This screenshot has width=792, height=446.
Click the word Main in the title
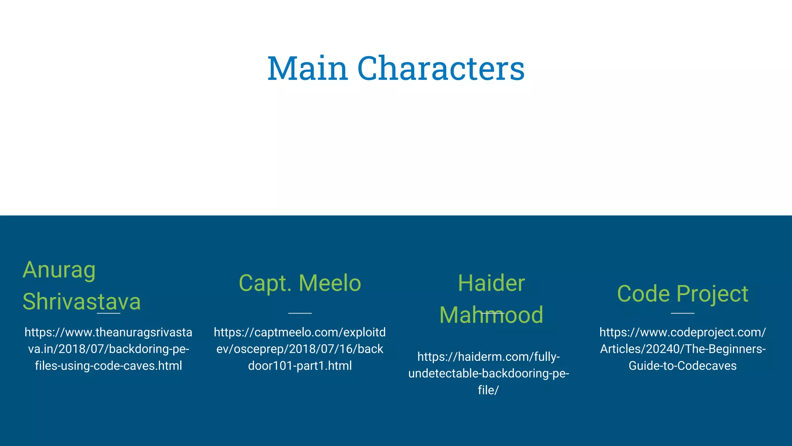click(307, 69)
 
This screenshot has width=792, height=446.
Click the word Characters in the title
click(441, 69)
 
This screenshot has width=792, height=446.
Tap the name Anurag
click(59, 270)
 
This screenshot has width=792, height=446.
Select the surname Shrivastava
click(82, 302)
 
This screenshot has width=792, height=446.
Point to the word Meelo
click(330, 283)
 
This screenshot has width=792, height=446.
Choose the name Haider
click(491, 283)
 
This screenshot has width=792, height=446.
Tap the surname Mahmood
click(491, 315)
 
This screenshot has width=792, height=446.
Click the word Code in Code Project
click(643, 294)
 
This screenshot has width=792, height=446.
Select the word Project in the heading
click(712, 294)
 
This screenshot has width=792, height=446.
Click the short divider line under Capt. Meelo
click(300, 313)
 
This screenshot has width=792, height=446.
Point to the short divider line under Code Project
click(683, 313)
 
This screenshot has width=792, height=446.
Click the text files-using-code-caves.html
click(108, 366)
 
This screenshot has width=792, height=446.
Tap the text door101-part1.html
click(300, 366)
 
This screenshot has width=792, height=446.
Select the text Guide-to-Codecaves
click(683, 366)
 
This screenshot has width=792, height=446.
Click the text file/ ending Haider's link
click(488, 390)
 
